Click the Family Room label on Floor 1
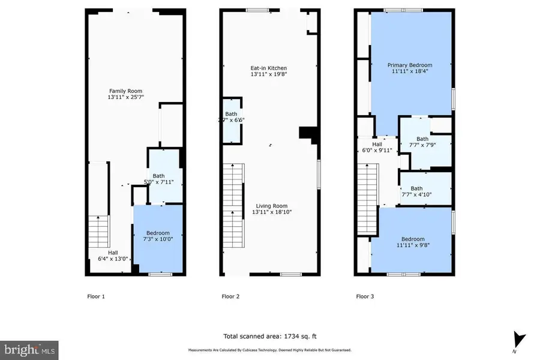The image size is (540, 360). pyautogui.click(x=126, y=94)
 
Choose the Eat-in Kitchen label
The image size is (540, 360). pyautogui.click(x=269, y=71)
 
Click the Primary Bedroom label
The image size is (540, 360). pyautogui.click(x=410, y=68)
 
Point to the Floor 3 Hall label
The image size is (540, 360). pyautogui.click(x=377, y=148)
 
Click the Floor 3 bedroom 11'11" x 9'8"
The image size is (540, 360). pyautogui.click(x=413, y=242)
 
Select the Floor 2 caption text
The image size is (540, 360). pyautogui.click(x=230, y=296)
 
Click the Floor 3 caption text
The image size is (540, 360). pyautogui.click(x=365, y=296)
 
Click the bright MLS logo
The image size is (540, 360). pyautogui.click(x=29, y=348)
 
